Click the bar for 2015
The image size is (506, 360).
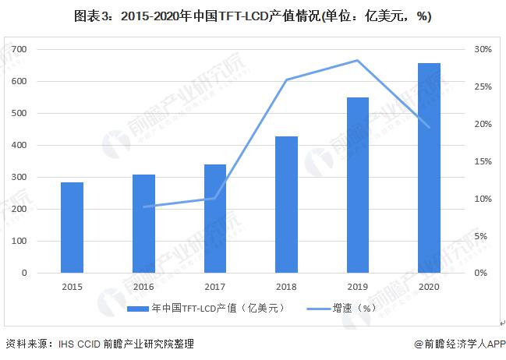(x=72, y=228)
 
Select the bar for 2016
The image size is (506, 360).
(x=143, y=224)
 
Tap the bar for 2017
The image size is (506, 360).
(x=214, y=218)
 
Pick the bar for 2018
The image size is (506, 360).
(x=286, y=205)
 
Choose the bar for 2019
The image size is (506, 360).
(x=357, y=185)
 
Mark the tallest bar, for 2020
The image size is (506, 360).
(x=429, y=168)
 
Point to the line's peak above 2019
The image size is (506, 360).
(x=357, y=60)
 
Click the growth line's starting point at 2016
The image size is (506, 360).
(x=143, y=206)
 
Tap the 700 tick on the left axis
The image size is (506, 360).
(x=42, y=49)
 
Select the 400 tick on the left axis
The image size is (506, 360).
(x=42, y=145)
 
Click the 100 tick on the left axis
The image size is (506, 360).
(x=42, y=242)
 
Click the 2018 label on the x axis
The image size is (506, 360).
(x=286, y=287)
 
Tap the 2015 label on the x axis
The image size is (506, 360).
(x=72, y=287)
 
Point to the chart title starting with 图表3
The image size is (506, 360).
(x=252, y=16)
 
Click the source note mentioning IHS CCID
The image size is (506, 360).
(x=100, y=344)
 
